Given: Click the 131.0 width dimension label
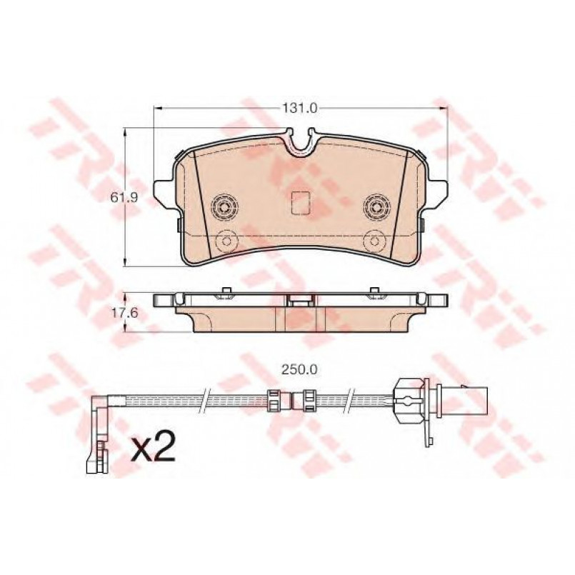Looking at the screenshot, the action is click(x=299, y=109).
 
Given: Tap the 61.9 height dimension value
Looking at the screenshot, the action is click(x=124, y=198).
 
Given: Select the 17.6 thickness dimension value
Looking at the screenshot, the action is click(x=124, y=313).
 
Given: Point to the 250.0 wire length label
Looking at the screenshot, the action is click(x=299, y=370).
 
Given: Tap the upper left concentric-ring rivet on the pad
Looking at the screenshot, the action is click(x=224, y=208).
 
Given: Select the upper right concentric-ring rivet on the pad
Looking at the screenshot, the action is click(x=376, y=208).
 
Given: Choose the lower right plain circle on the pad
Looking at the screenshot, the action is click(x=374, y=241).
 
